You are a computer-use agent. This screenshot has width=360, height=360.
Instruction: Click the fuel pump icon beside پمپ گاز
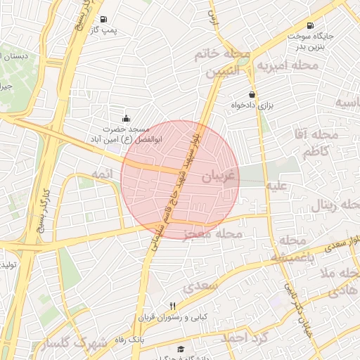(x=104, y=20)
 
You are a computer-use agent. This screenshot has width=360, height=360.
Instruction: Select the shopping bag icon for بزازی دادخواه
(x=252, y=94)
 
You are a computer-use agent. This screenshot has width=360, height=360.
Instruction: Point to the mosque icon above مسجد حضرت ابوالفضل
(x=126, y=118)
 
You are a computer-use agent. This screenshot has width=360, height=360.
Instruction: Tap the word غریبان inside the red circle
(x=216, y=176)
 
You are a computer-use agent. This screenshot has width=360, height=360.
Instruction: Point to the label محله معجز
(x=212, y=233)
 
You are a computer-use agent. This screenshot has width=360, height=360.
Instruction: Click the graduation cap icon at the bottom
(x=181, y=349)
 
